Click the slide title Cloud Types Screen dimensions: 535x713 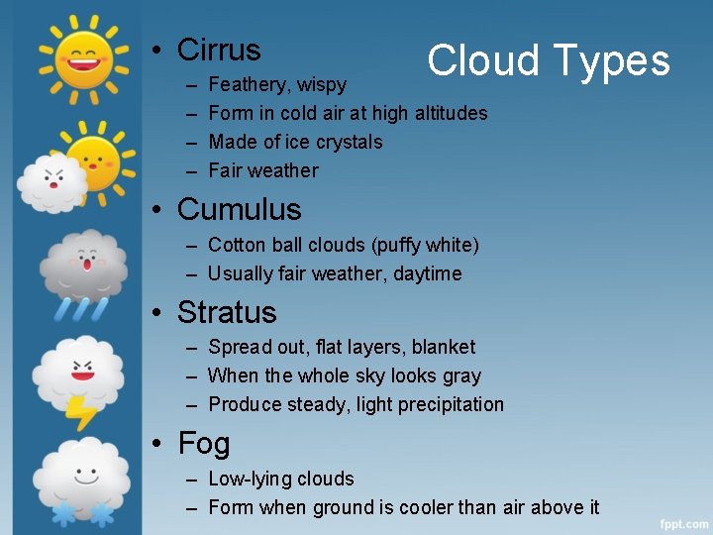click(x=549, y=60)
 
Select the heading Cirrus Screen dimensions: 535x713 click(x=218, y=50)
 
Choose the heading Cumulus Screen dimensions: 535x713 click(x=239, y=209)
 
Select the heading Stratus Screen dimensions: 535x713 click(x=227, y=312)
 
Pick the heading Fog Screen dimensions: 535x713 click(x=203, y=444)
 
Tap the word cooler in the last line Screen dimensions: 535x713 click(x=428, y=507)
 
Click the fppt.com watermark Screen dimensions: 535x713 click(x=683, y=522)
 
